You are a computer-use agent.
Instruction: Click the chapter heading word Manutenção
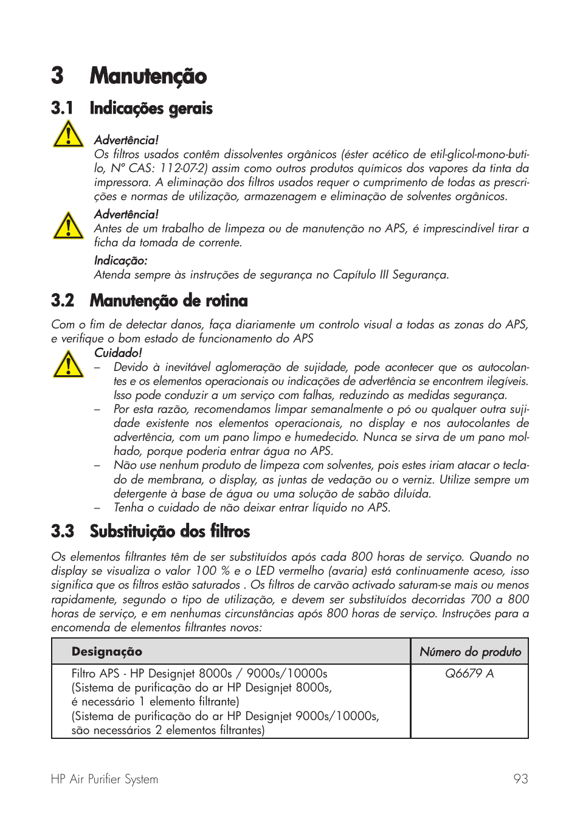148,76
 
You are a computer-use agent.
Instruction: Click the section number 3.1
62,108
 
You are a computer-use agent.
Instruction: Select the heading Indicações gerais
151,108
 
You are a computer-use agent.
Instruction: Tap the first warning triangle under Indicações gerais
68,134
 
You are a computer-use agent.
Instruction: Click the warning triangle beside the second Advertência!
68,226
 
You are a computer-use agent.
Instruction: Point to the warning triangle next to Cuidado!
68,364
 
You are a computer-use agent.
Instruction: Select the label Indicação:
120,260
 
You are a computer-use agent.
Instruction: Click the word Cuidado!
118,353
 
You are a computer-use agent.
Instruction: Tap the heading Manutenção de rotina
168,300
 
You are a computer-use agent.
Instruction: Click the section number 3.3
63,531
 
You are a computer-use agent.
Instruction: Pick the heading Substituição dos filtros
170,531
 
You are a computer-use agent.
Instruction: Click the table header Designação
106,651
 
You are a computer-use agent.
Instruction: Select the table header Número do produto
470,651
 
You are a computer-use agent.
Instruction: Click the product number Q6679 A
469,673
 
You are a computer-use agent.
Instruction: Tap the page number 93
520,779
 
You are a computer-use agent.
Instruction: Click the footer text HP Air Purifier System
105,779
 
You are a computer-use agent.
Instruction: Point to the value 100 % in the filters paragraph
212,570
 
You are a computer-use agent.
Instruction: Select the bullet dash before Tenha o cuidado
97,508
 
